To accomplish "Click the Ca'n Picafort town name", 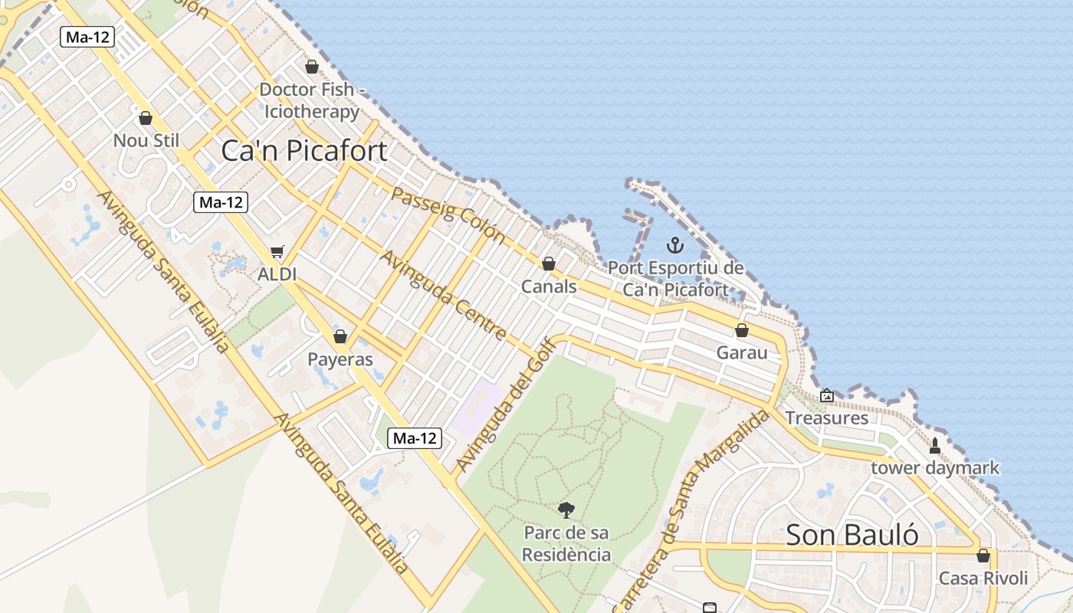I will pos(304,150).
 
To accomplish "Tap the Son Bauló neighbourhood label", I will pos(852,534).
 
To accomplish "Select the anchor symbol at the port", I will pos(675,245).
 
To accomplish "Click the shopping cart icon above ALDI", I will pos(277,252).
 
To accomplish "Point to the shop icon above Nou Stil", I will pos(146,118).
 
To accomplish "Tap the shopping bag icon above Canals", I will pos(549,264).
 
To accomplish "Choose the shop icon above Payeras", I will pos(340,336).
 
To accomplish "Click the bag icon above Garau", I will pos(741,330).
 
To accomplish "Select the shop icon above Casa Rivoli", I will pos(983,556).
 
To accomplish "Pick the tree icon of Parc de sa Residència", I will pos(566,509).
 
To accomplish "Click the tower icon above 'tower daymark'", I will pos(934,445).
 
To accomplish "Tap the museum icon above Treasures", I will pos(826,395).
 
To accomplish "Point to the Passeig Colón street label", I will pos(448,214).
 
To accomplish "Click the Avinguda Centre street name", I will pos(444,295).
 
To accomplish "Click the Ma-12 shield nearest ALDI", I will pos(221,202).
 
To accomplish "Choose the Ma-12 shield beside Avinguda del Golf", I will pos(415,438).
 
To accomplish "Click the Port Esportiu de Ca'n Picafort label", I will pos(675,279).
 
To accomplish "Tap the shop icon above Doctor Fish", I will pos(311,67).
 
